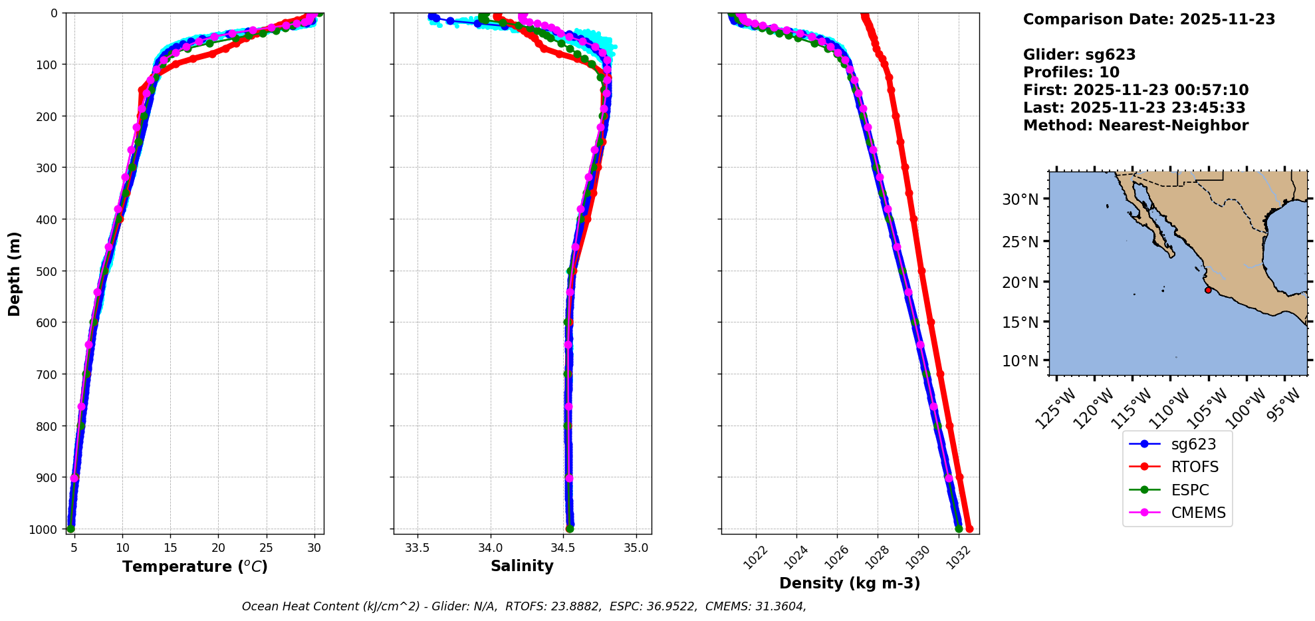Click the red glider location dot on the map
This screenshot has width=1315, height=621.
click(x=1208, y=290)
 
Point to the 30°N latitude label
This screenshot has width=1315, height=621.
click(x=1020, y=199)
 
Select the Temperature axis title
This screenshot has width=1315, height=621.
click(x=195, y=566)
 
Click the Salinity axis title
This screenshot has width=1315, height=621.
click(x=522, y=566)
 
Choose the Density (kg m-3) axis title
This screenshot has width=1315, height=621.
click(x=850, y=583)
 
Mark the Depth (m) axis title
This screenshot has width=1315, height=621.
click(x=15, y=274)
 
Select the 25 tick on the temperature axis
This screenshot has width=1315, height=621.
click(x=266, y=547)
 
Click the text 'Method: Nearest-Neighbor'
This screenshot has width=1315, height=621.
click(x=1136, y=126)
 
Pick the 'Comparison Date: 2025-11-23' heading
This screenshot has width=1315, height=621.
click(x=1149, y=19)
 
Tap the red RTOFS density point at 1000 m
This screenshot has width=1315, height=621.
click(x=969, y=529)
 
